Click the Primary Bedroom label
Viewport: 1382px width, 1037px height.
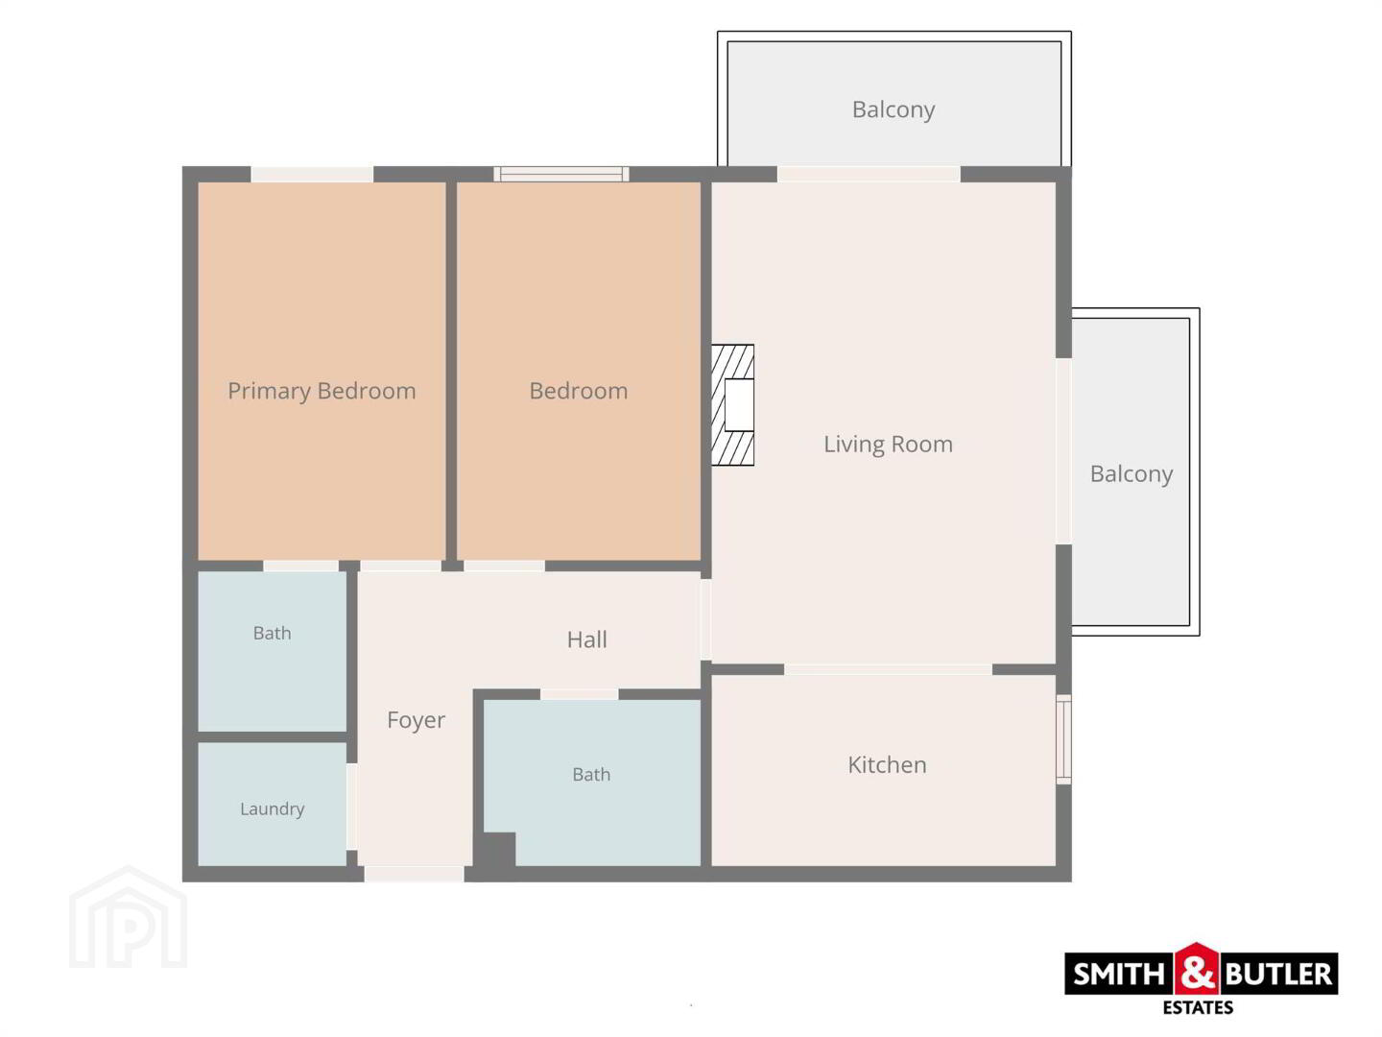(x=322, y=391)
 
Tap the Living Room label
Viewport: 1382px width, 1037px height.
(x=888, y=444)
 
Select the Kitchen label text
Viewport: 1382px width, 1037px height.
(x=887, y=764)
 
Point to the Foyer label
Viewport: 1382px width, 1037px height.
(x=416, y=720)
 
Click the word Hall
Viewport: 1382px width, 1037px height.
(x=586, y=639)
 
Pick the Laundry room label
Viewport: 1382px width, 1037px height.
(x=272, y=808)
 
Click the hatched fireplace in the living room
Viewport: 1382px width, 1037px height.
(x=732, y=405)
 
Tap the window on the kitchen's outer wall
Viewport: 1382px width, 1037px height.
(x=1063, y=738)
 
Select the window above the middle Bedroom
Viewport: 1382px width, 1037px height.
(x=561, y=174)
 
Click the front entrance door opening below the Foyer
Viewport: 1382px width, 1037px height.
(x=415, y=874)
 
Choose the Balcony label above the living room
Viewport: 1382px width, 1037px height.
(x=894, y=109)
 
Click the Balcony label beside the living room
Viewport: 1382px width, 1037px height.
(x=1132, y=473)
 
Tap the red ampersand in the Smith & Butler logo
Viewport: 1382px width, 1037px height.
(x=1197, y=971)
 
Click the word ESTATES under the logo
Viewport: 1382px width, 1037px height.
(x=1198, y=1008)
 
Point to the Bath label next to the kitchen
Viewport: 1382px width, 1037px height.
(x=591, y=774)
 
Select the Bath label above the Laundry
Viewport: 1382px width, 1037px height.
(x=272, y=633)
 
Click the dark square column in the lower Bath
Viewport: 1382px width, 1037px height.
(x=495, y=850)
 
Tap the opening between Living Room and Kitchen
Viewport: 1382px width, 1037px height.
(x=888, y=669)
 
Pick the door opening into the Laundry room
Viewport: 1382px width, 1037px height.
(x=352, y=807)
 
